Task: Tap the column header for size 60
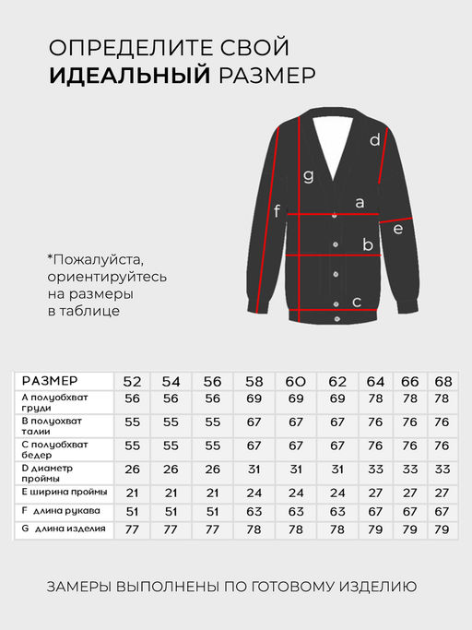pyautogui.click(x=295, y=381)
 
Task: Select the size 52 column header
pyautogui.click(x=133, y=381)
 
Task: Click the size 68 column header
pyautogui.click(x=442, y=381)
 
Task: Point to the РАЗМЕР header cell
pyautogui.click(x=50, y=381)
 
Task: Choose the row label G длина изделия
pyautogui.click(x=63, y=529)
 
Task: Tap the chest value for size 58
pyautogui.click(x=254, y=398)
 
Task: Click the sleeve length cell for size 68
pyautogui.click(x=442, y=511)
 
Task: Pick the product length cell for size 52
pyautogui.click(x=133, y=530)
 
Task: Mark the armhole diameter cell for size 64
pyautogui.click(x=375, y=470)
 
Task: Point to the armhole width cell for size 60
pyautogui.click(x=295, y=492)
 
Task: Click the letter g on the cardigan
pyautogui.click(x=309, y=175)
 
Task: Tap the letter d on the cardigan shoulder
pyautogui.click(x=375, y=140)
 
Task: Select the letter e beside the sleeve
pyautogui.click(x=397, y=228)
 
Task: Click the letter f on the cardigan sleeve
pyautogui.click(x=277, y=212)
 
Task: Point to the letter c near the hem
pyautogui.click(x=357, y=302)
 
